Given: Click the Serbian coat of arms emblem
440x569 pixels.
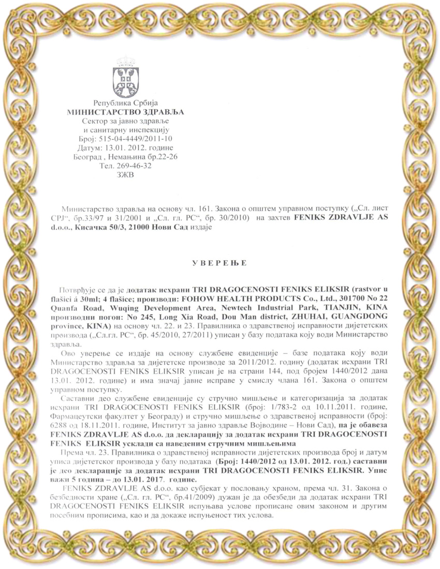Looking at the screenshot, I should [125, 80].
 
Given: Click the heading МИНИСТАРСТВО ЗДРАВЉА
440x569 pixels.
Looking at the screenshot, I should [125, 111].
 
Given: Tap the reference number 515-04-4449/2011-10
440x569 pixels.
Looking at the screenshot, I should [139, 139].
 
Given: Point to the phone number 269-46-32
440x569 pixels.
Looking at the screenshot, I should [135, 167].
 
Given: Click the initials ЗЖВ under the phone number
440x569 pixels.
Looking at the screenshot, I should [126, 175].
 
